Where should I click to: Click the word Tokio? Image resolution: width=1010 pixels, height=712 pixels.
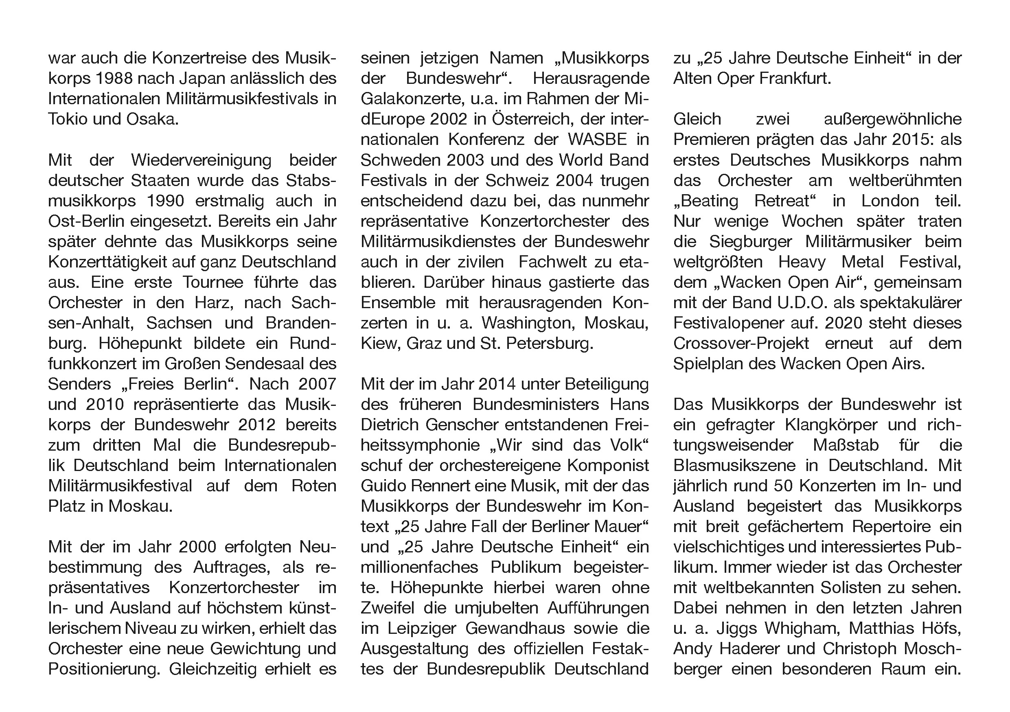point(68,119)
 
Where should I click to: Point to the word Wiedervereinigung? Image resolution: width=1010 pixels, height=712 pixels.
point(201,160)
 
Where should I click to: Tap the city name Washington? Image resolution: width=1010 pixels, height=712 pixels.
point(528,323)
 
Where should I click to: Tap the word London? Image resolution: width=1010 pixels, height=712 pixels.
point(890,201)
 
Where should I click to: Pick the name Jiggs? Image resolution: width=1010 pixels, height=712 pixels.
point(737,629)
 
